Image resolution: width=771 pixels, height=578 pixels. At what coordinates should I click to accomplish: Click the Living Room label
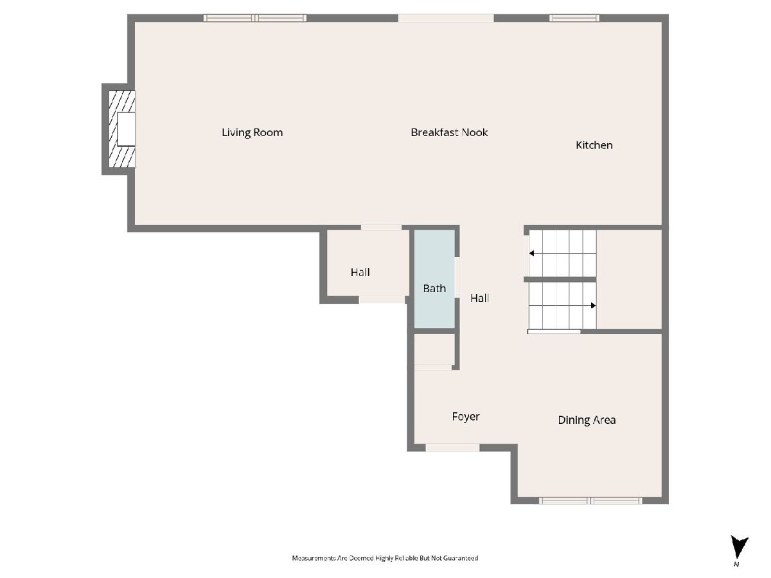(x=253, y=132)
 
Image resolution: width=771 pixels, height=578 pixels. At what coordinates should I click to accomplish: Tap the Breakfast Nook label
(x=449, y=132)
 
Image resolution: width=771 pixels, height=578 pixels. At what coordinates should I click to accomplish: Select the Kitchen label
(x=594, y=145)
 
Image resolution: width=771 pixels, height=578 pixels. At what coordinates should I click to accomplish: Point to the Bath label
(x=434, y=288)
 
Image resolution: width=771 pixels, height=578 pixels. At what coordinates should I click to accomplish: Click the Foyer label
(x=466, y=417)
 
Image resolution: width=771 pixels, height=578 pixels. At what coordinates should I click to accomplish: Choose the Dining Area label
(x=587, y=420)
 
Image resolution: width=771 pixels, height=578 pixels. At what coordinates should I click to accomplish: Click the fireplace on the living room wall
(x=122, y=129)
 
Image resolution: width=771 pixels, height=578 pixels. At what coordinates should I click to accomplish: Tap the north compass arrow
(x=740, y=547)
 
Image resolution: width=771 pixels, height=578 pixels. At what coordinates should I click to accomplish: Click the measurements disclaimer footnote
(x=385, y=558)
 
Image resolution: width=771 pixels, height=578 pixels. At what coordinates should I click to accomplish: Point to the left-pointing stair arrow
(x=562, y=253)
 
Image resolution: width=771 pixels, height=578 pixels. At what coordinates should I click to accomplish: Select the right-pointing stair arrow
(x=562, y=305)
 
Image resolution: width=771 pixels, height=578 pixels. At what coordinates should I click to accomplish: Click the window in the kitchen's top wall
(x=574, y=18)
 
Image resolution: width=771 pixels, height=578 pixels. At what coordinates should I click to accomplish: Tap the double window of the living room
(x=255, y=18)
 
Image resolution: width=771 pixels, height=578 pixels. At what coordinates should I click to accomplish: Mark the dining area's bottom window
(x=590, y=500)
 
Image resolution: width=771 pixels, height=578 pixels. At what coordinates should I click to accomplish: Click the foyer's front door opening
(x=452, y=448)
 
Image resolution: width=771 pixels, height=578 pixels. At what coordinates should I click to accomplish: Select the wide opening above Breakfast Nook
(x=446, y=18)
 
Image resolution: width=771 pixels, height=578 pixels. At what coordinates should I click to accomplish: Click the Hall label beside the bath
(x=479, y=298)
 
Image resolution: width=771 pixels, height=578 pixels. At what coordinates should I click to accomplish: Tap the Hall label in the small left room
(x=360, y=272)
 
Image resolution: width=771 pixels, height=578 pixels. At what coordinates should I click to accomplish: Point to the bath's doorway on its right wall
(x=457, y=277)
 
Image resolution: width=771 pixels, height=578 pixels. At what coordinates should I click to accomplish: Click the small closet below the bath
(x=434, y=349)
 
